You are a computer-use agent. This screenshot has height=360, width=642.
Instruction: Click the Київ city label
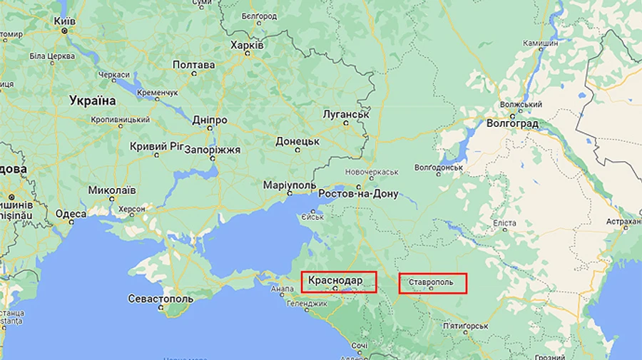coord(65,21)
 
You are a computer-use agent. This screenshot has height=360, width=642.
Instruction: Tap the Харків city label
coord(248,45)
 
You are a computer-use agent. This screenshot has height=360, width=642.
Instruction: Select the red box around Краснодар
coord(338,282)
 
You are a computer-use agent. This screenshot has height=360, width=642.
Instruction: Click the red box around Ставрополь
coord(432,283)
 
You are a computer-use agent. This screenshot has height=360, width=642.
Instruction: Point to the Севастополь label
coord(160,299)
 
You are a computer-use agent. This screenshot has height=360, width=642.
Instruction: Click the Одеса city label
coord(71,214)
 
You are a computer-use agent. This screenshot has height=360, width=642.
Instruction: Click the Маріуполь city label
coord(289,185)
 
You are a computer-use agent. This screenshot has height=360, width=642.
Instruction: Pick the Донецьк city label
coord(297,142)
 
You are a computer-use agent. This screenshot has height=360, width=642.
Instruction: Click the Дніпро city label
coord(209,120)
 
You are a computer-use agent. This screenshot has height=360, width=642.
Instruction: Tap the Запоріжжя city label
coord(213,150)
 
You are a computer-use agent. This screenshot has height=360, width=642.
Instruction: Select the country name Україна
coord(93,101)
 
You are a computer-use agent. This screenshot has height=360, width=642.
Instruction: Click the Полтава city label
coord(193,65)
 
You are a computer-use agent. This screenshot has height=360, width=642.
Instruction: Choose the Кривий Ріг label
coord(156,146)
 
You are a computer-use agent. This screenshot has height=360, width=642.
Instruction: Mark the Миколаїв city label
coord(111,190)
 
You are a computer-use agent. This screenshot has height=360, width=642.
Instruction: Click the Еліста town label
coord(504,223)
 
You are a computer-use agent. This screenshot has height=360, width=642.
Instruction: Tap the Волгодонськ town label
coord(439,168)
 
